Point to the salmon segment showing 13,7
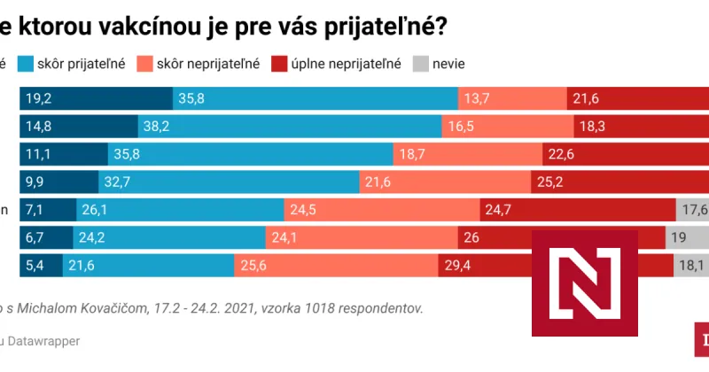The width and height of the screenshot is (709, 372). coord(511,98)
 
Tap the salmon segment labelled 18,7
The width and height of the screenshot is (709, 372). coord(467,155)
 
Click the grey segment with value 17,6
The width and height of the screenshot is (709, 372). coord(692,211)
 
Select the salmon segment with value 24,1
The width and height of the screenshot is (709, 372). coord(361,238)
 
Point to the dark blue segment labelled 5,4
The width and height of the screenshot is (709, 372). coord(41,266)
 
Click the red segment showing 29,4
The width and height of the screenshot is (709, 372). coord(483,266)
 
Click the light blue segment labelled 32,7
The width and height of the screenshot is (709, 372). coord(228,182)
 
